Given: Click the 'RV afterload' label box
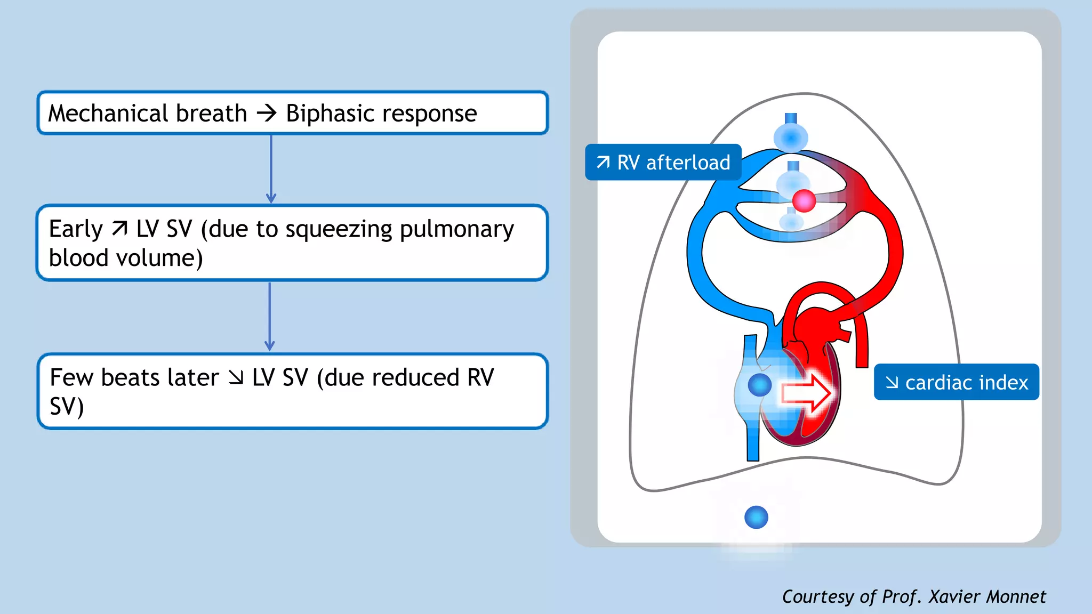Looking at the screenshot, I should pos(663,162).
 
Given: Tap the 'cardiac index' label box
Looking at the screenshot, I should pos(956,382).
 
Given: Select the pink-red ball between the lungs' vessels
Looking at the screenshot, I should pos(804,201).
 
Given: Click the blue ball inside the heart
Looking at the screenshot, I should pos(759,385).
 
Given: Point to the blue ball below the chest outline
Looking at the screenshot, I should pos(756,517).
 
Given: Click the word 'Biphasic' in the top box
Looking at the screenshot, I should pos(330,114).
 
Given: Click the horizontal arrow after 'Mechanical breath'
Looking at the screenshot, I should pos(267,113).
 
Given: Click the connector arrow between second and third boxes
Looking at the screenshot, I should pos(270,317).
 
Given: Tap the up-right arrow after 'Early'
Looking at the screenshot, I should pos(120,229).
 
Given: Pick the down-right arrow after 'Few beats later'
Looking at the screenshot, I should pos(236,377).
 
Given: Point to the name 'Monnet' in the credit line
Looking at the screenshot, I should pos(1016,596).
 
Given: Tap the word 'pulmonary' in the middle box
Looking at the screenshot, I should pos(456,230).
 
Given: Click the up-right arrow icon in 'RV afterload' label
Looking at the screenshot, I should pos(603,161).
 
